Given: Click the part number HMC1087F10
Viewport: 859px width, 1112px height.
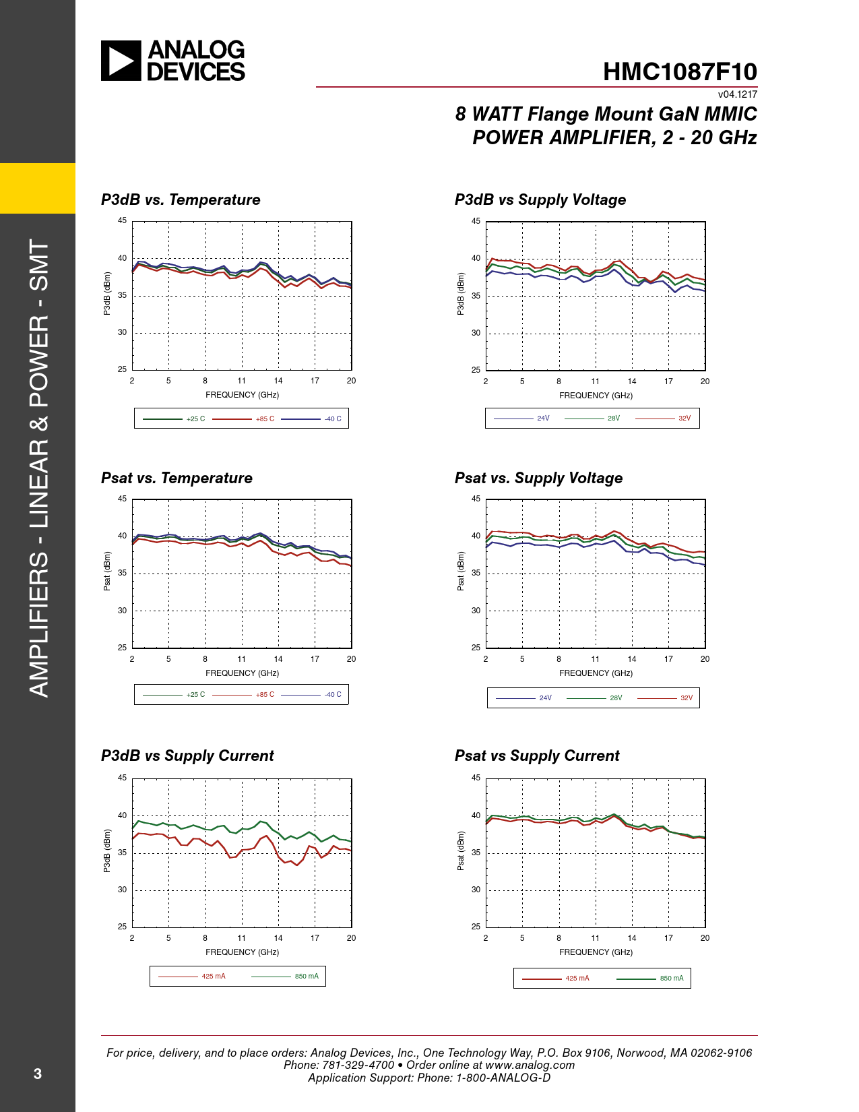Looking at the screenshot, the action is click(x=680, y=71).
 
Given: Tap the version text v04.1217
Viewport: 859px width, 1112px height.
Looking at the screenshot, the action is click(x=737, y=94).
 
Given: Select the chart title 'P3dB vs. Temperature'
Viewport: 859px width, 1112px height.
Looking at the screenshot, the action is click(x=181, y=199).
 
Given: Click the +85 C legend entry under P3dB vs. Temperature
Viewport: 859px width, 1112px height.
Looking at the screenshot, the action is click(x=243, y=419).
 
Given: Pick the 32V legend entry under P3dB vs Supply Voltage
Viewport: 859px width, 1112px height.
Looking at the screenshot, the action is click(x=663, y=418).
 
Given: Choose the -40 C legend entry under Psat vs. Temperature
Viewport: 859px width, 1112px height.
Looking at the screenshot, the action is click(x=311, y=694).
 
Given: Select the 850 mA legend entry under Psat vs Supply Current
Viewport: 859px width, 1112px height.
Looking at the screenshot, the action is click(x=649, y=978).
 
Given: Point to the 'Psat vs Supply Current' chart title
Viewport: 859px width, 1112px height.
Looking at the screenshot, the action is click(x=537, y=756).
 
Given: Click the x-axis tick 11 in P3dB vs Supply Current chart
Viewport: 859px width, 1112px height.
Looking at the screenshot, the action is click(x=241, y=938).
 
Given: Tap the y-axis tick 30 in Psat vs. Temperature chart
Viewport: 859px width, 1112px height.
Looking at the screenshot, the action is click(x=122, y=611).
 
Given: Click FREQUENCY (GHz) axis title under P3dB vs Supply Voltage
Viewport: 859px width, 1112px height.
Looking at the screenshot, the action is click(x=596, y=396).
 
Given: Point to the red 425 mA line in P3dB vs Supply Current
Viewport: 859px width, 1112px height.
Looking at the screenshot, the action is click(x=241, y=850).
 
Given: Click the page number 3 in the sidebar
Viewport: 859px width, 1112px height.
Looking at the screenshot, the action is click(x=37, y=1074).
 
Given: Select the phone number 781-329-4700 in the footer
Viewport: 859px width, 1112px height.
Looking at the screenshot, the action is click(x=358, y=1065).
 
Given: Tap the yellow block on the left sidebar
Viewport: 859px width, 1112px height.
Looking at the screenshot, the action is click(x=37, y=188).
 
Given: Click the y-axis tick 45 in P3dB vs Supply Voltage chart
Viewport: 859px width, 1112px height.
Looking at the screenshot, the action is click(x=476, y=221).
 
